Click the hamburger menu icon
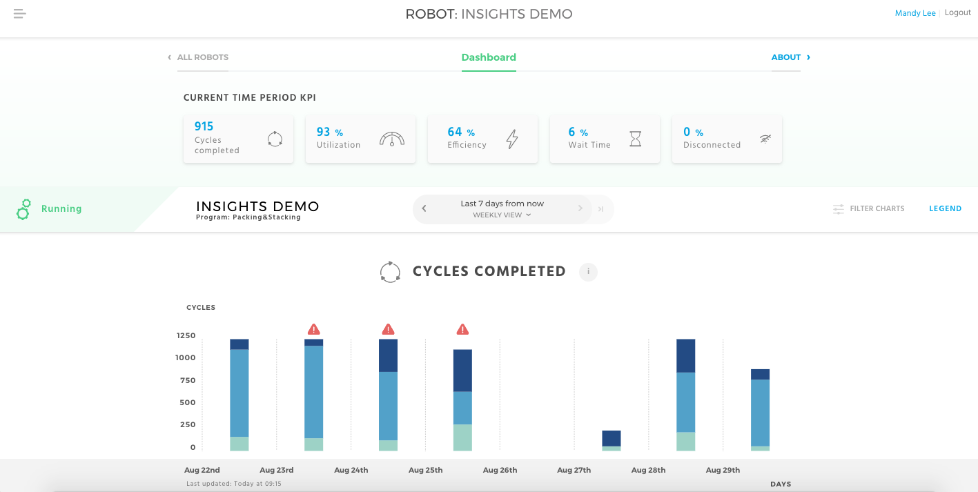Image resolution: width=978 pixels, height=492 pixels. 19,14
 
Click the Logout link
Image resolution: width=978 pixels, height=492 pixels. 957,12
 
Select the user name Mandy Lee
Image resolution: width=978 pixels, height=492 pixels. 915,13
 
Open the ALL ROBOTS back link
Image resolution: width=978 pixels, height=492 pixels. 202,57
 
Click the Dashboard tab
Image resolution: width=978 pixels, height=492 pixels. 489,57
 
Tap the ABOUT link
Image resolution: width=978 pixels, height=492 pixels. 786,57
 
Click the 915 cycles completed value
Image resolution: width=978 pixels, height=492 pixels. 204,126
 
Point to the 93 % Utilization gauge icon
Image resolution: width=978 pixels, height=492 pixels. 392,139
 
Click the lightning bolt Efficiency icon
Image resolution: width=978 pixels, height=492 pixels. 512,139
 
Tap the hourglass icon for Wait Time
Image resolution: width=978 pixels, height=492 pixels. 635,139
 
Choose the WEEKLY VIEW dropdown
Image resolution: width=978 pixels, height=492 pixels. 502,215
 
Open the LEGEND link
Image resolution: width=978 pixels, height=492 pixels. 945,208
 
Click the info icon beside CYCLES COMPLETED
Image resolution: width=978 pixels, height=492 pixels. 588,272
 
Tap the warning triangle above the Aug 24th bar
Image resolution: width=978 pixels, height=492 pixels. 389,330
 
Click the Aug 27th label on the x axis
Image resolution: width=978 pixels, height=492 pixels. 574,470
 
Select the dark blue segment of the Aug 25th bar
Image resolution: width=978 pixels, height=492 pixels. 462,371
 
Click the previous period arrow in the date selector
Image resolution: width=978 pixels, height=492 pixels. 424,208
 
